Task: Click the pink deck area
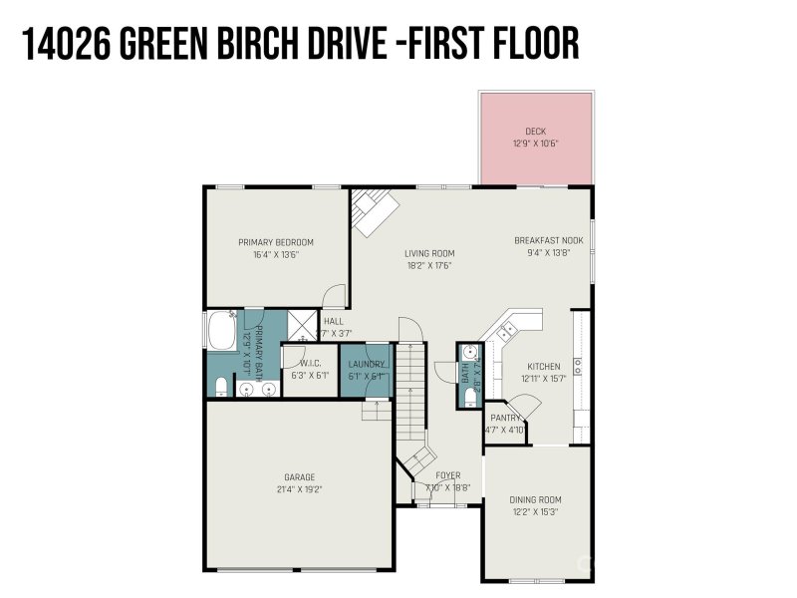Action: click(536, 140)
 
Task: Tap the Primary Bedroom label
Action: click(276, 242)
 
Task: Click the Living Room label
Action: click(428, 253)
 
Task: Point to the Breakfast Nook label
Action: click(548, 241)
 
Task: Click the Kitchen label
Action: click(544, 366)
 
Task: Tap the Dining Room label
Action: click(536, 500)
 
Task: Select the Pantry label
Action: click(504, 419)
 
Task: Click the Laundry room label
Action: click(366, 364)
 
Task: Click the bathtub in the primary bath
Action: click(220, 330)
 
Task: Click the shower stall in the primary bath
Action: click(300, 325)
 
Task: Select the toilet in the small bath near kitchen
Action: click(470, 398)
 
